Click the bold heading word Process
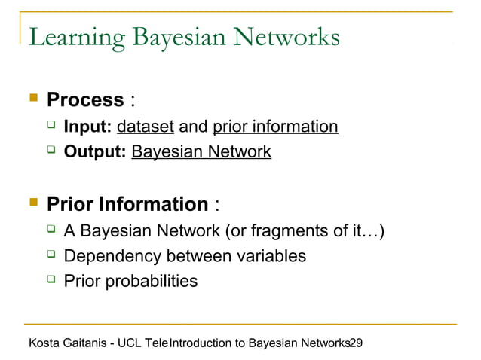pos(85,99)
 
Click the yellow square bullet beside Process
pos(32,99)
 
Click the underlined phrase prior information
pos(275,127)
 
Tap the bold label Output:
pos(95,152)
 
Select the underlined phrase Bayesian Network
pos(201,152)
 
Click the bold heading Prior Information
pos(127,204)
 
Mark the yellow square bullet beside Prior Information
pos(32,203)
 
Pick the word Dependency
pos(112,256)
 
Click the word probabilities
pos(153,282)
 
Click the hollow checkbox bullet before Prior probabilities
pos(51,281)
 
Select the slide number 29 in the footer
pos(357,343)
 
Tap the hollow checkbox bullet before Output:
pos(51,151)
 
